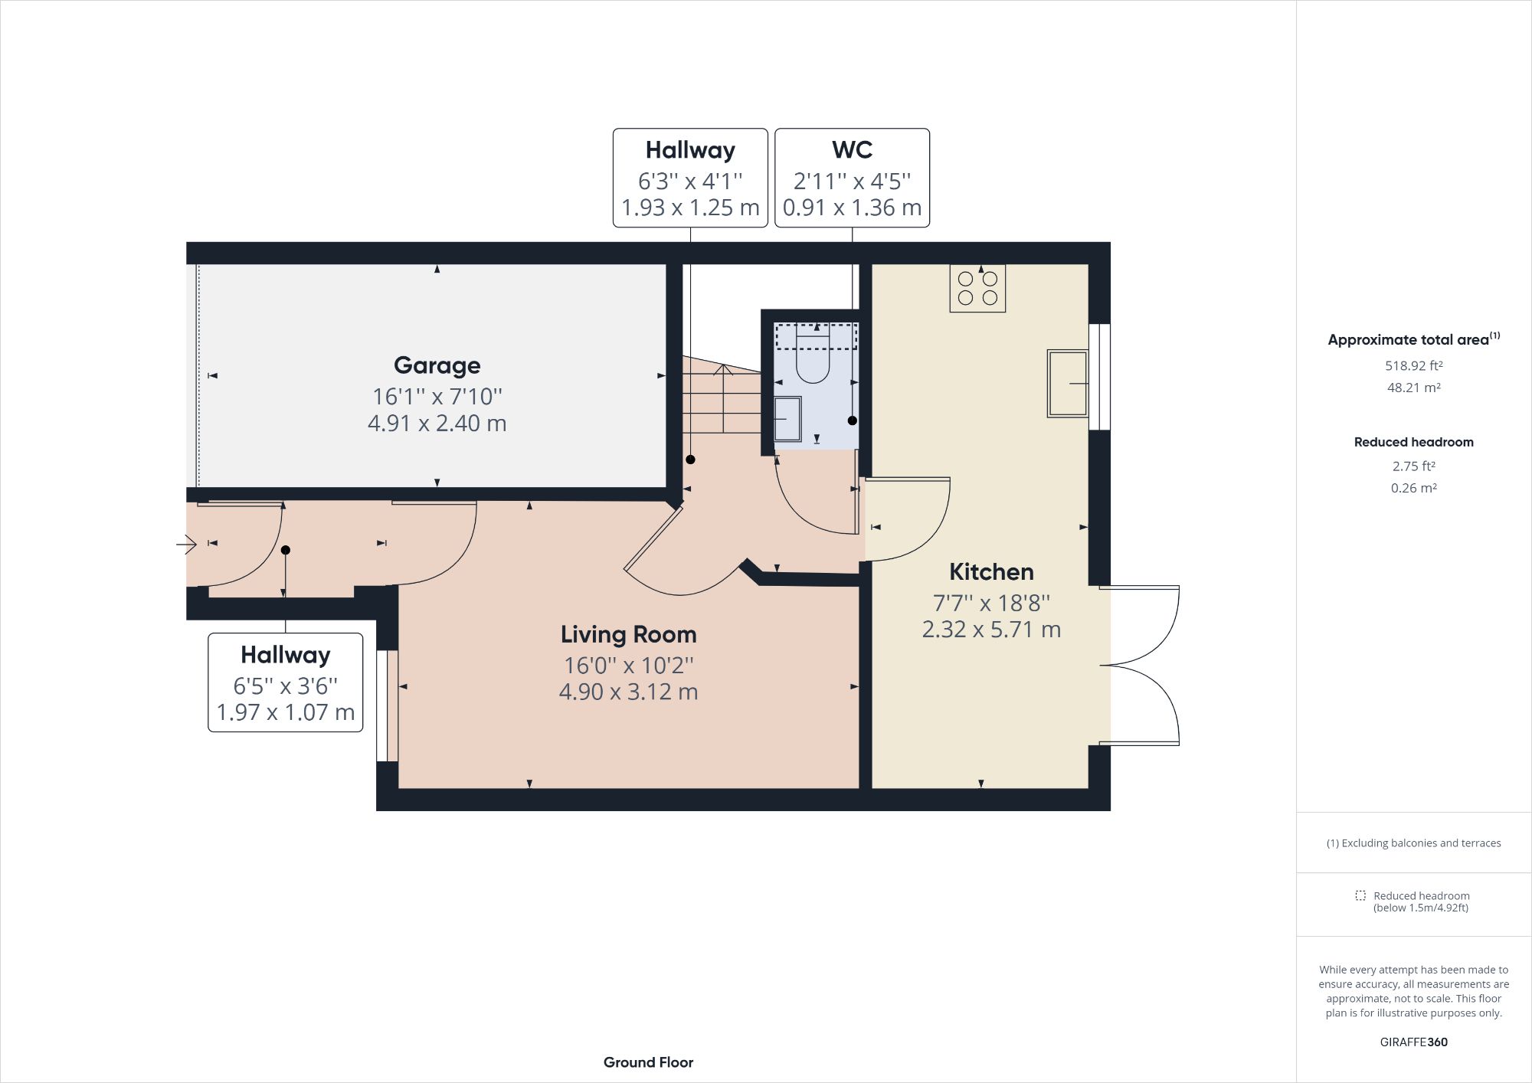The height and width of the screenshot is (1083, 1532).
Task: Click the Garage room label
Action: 437,365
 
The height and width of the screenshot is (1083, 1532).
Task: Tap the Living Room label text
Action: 628,634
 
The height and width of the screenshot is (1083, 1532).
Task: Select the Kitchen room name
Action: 991,571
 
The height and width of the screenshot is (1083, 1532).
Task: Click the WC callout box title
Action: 852,150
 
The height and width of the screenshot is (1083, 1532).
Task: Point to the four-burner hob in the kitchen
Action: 977,288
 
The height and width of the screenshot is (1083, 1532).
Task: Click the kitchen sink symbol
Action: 1067,383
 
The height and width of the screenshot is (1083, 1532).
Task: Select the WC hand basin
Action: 787,419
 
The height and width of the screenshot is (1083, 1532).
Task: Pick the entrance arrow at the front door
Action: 186,545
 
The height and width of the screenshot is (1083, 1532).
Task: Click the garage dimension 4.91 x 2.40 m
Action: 437,423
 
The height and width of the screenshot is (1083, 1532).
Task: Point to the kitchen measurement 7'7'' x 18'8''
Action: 991,603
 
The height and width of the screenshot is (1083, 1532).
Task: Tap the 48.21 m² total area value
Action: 1413,388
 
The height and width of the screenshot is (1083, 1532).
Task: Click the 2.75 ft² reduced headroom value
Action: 1413,466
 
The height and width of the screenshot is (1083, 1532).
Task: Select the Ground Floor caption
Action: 648,1062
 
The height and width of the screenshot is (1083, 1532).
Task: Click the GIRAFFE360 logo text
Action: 1413,1042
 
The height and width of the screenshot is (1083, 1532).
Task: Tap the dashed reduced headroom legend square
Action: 1360,895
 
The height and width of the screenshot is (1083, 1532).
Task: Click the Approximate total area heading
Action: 1408,340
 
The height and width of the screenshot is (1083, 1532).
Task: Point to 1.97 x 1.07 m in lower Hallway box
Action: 285,712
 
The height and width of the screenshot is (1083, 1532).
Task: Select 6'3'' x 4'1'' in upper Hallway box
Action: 689,182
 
